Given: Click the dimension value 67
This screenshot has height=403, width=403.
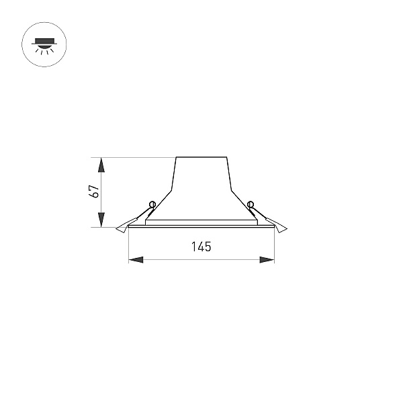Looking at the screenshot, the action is (95, 191).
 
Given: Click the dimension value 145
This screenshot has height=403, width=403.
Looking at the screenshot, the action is (201, 247).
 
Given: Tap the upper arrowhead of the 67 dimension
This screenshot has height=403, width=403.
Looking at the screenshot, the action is (102, 165).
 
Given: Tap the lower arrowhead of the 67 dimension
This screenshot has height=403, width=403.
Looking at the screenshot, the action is (102, 220).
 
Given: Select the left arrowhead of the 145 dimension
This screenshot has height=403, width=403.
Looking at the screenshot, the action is (136, 260).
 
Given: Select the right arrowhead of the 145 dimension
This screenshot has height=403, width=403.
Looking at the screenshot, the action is (267, 260).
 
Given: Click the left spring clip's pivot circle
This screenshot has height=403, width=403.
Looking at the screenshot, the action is (152, 205).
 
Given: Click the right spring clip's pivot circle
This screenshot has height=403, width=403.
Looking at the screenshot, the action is (251, 205).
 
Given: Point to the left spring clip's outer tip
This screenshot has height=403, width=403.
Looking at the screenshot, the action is (116, 228).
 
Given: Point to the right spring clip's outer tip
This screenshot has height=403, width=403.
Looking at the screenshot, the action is (287, 228).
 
